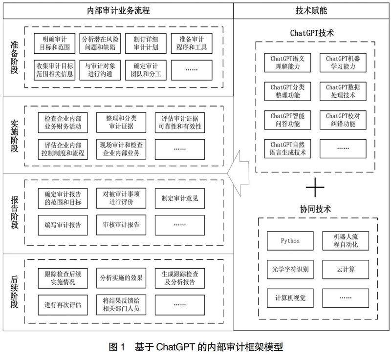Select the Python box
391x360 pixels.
coord(290,241)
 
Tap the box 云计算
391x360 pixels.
coord(346,268)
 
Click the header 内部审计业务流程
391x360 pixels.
coord(117,10)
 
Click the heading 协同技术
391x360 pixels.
coord(315,209)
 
